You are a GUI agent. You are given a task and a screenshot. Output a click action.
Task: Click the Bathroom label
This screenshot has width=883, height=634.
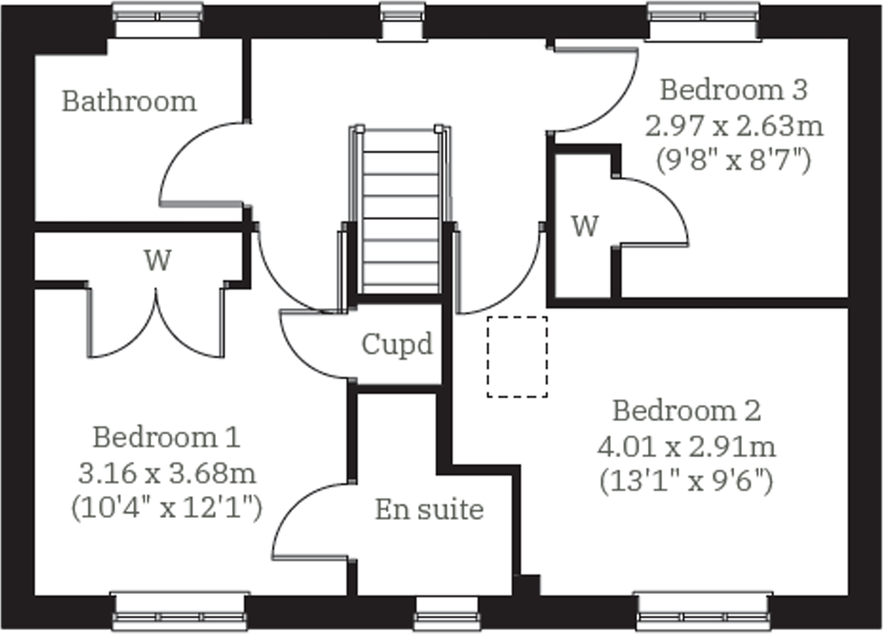(x=129, y=102)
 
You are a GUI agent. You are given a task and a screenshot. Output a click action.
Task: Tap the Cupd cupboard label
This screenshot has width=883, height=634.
(x=397, y=345)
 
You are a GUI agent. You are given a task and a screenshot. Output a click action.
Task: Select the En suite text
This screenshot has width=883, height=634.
(x=429, y=510)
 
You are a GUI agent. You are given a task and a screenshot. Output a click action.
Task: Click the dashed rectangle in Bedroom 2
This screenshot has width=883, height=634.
(x=517, y=357)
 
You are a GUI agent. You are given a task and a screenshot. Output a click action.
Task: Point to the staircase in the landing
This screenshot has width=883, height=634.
(x=400, y=211)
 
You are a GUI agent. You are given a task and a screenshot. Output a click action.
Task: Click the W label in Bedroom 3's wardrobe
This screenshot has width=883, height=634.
(x=585, y=226)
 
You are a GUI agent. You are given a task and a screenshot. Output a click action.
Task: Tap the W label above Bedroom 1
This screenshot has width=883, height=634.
(x=158, y=260)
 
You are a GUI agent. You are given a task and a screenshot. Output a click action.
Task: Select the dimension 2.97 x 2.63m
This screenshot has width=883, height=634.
(x=733, y=126)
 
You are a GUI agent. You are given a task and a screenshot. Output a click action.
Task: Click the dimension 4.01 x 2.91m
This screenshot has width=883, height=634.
(x=686, y=447)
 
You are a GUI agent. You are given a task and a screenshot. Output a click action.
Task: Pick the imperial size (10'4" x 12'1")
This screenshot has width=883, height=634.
(x=167, y=508)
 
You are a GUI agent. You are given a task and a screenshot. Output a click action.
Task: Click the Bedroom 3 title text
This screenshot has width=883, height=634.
(x=733, y=90)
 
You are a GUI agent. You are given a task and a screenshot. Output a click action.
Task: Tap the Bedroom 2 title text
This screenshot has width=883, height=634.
(x=686, y=411)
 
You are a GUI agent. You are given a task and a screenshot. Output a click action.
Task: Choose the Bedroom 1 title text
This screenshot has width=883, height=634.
(x=167, y=437)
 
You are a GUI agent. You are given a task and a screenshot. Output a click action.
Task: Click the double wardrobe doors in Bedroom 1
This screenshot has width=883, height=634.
(x=156, y=324)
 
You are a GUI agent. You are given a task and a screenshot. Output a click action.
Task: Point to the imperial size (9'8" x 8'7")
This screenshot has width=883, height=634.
(x=733, y=162)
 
